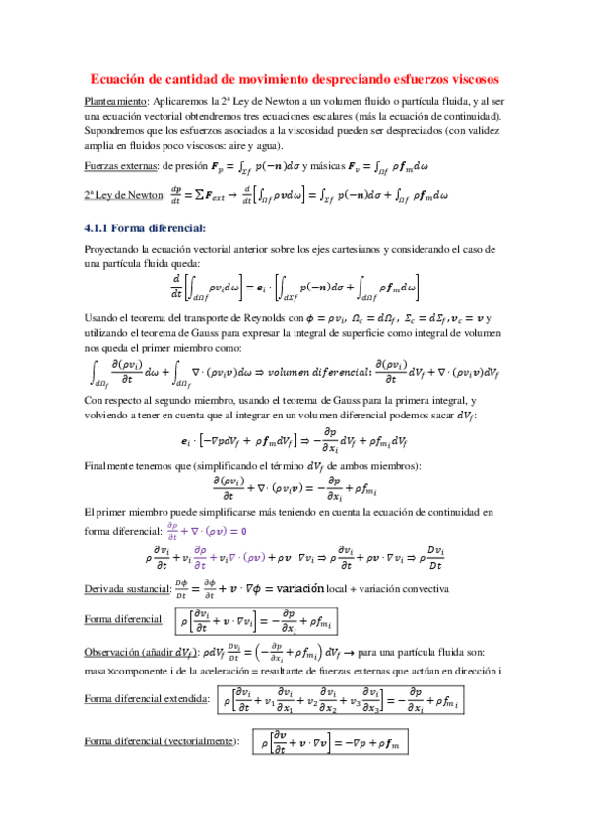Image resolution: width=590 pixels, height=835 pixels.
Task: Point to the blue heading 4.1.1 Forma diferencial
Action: click(144, 227)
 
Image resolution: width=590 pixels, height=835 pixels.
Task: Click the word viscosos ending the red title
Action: click(469, 79)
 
